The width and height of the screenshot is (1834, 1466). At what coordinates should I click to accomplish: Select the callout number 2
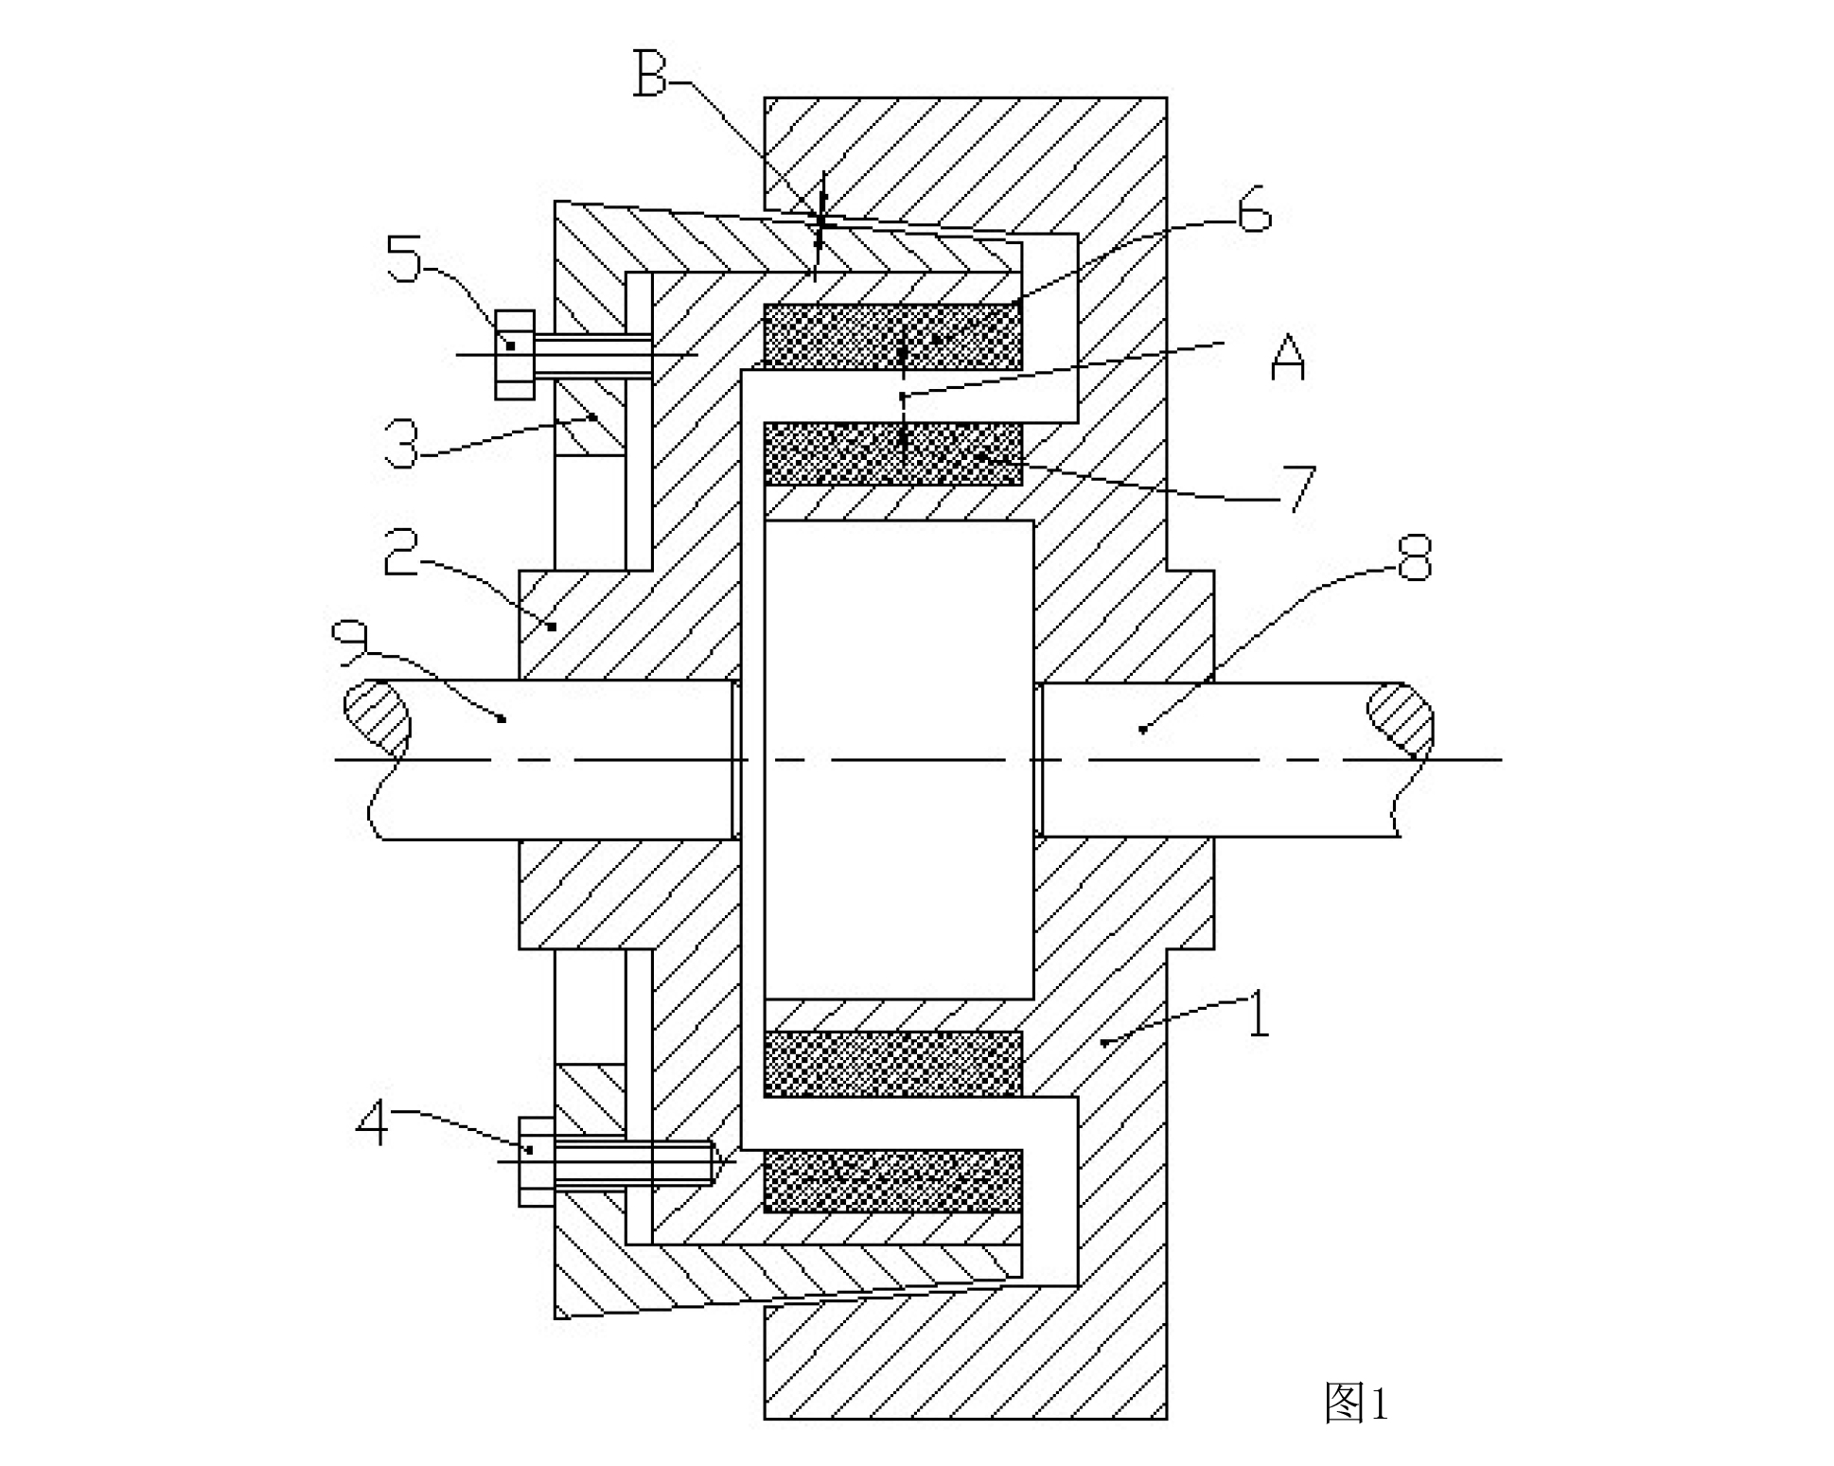(400, 552)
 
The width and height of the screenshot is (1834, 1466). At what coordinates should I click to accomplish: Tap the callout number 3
(402, 444)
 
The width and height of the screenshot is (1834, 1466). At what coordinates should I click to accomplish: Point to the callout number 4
(373, 1126)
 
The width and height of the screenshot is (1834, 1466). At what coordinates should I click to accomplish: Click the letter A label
(1287, 357)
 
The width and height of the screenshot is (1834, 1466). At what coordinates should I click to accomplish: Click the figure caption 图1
(1356, 1402)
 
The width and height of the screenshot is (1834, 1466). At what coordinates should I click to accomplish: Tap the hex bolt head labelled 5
(515, 355)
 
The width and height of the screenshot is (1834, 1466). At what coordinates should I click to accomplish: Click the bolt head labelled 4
(537, 1161)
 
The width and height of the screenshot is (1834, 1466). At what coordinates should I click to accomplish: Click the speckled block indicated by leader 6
(892, 336)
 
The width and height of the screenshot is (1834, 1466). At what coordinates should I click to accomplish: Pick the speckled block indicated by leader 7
(892, 453)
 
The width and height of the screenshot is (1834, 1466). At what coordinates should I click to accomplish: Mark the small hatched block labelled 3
(590, 417)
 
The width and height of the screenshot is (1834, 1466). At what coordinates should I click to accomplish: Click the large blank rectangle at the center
(898, 759)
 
